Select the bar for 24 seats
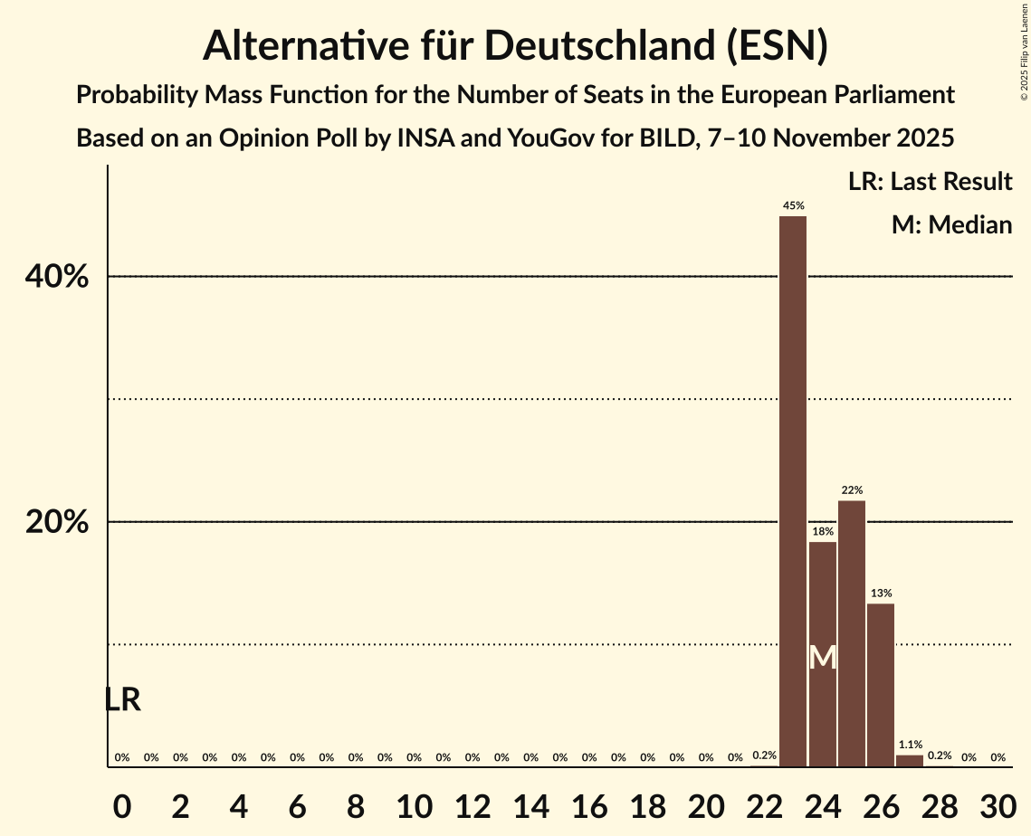(x=823, y=615)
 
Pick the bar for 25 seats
(x=852, y=633)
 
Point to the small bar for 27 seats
(x=910, y=761)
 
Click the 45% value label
(x=793, y=206)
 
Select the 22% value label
(x=852, y=490)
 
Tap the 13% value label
(x=881, y=594)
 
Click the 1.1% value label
(x=910, y=745)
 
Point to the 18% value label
(x=823, y=532)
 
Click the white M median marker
(x=823, y=658)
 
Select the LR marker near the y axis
(x=122, y=699)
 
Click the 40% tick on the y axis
(x=57, y=277)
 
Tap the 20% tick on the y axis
(x=57, y=523)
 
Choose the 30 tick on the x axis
(x=998, y=807)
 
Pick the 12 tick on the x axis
(x=473, y=807)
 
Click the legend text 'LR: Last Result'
(x=930, y=182)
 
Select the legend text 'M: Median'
(x=951, y=224)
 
